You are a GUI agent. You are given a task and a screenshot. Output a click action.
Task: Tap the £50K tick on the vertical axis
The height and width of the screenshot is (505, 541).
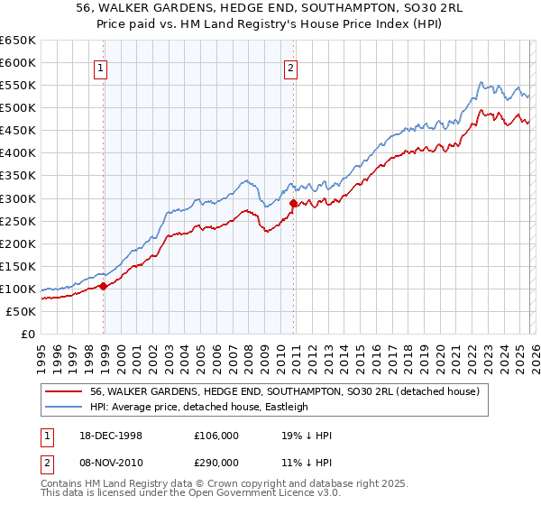pyautogui.click(x=21, y=311)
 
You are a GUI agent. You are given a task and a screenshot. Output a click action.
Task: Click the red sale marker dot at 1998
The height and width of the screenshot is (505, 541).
pyautogui.click(x=104, y=286)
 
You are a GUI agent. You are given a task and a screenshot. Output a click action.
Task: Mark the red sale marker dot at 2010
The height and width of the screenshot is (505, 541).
pyautogui.click(x=293, y=203)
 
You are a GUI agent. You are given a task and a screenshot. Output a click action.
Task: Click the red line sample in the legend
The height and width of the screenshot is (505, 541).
pyautogui.click(x=63, y=391)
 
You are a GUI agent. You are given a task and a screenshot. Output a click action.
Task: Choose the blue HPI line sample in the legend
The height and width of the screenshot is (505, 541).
pyautogui.click(x=63, y=407)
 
